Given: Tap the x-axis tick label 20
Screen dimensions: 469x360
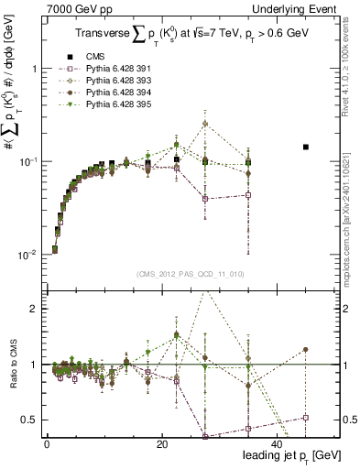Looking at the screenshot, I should point(162,443).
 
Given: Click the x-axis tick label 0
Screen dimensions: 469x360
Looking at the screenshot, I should point(47,443).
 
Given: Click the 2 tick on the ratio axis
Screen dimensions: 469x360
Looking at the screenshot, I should point(35,309).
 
